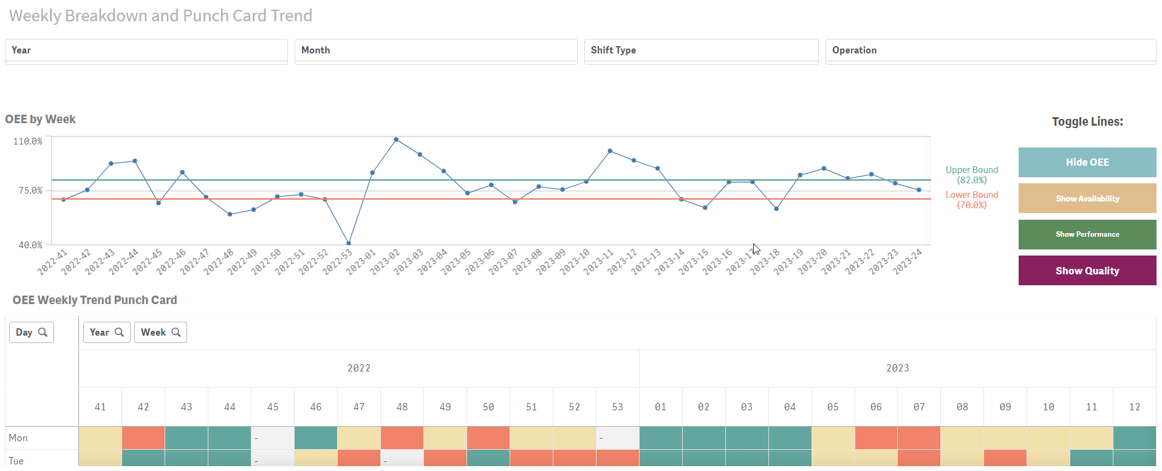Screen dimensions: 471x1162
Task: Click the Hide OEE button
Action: pyautogui.click(x=1087, y=162)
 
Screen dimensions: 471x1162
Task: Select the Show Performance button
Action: pyautogui.click(x=1087, y=234)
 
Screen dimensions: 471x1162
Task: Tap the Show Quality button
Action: pyautogui.click(x=1087, y=271)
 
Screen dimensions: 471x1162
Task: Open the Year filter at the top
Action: pyautogui.click(x=146, y=50)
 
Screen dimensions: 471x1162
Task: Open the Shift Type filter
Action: pyautogui.click(x=700, y=50)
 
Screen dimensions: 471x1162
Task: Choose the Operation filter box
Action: pyautogui.click(x=990, y=50)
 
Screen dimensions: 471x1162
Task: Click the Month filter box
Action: pyautogui.click(x=436, y=50)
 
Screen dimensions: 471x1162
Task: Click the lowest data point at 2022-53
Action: pyautogui.click(x=349, y=243)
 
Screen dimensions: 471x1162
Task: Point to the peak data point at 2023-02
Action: pyautogui.click(x=396, y=140)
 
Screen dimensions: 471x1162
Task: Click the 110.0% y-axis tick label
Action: pyautogui.click(x=29, y=141)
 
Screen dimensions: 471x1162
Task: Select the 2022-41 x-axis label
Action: pyautogui.click(x=53, y=262)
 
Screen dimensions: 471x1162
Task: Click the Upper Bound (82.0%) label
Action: pyautogui.click(x=971, y=175)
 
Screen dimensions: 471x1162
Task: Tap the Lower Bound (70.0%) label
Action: pyautogui.click(x=971, y=200)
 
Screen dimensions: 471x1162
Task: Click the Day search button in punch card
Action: pyautogui.click(x=32, y=332)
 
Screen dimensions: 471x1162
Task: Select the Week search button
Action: pyautogui.click(x=160, y=332)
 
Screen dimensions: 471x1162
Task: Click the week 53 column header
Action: pyautogui.click(x=617, y=407)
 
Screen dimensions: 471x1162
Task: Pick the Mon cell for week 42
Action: pyautogui.click(x=143, y=438)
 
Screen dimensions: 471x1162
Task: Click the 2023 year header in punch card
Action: pyautogui.click(x=897, y=368)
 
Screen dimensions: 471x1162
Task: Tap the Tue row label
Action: pyautogui.click(x=16, y=461)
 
